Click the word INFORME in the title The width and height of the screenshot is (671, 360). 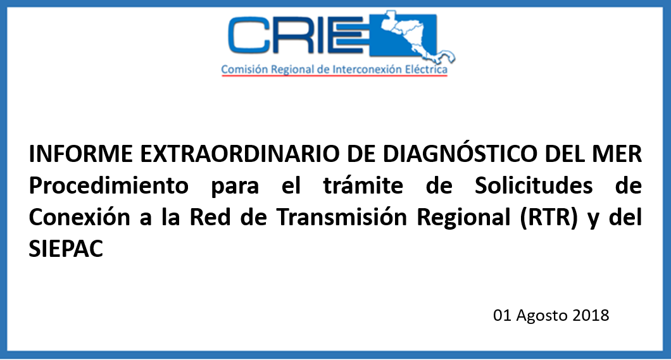click(81, 154)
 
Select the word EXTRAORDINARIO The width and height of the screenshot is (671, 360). click(240, 154)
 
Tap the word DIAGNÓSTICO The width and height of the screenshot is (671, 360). click(460, 153)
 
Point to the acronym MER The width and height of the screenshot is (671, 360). click(615, 154)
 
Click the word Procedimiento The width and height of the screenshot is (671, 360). click(109, 185)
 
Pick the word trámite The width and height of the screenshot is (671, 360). click(363, 185)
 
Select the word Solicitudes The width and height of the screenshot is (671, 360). click(534, 185)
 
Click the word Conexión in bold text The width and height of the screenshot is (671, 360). click(79, 217)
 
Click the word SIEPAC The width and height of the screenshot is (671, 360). click(66, 249)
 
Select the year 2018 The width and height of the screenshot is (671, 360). click(591, 315)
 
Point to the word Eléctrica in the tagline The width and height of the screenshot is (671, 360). click(426, 69)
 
